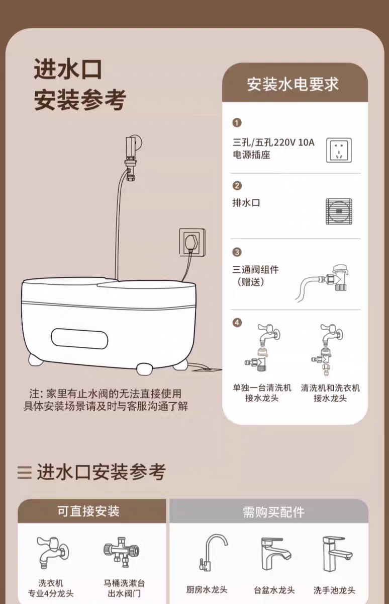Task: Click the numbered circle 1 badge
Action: tap(237, 123)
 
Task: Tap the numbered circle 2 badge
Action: tap(237, 186)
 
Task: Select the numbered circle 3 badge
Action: tap(237, 252)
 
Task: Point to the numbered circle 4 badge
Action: tap(237, 323)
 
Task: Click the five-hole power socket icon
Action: tap(339, 150)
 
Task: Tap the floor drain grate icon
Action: tap(339, 211)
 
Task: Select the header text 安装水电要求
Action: tap(293, 84)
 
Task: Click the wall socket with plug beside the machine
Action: tap(192, 242)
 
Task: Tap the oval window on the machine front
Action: tap(79, 339)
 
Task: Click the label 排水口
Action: tap(246, 203)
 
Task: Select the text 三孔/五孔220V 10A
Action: tap(273, 142)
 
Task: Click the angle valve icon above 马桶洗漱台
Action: tap(122, 552)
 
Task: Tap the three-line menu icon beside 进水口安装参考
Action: tap(25, 473)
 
